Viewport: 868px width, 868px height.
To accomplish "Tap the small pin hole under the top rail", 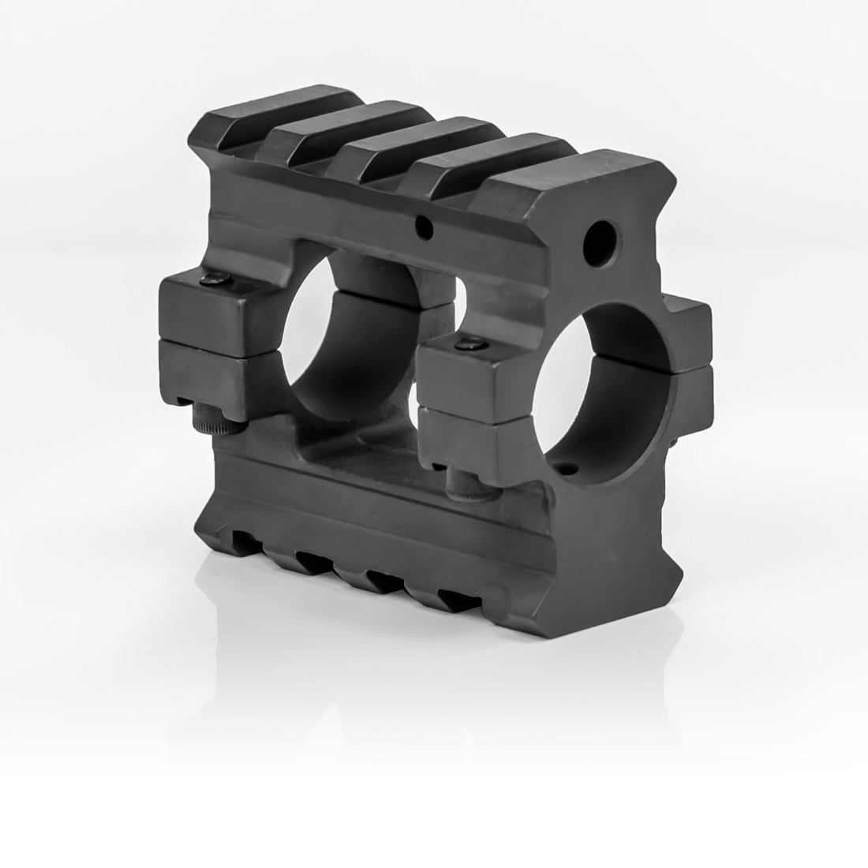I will tap(425, 229).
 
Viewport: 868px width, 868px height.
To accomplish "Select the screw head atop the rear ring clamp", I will tap(215, 279).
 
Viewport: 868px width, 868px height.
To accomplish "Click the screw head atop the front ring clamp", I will tap(469, 344).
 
